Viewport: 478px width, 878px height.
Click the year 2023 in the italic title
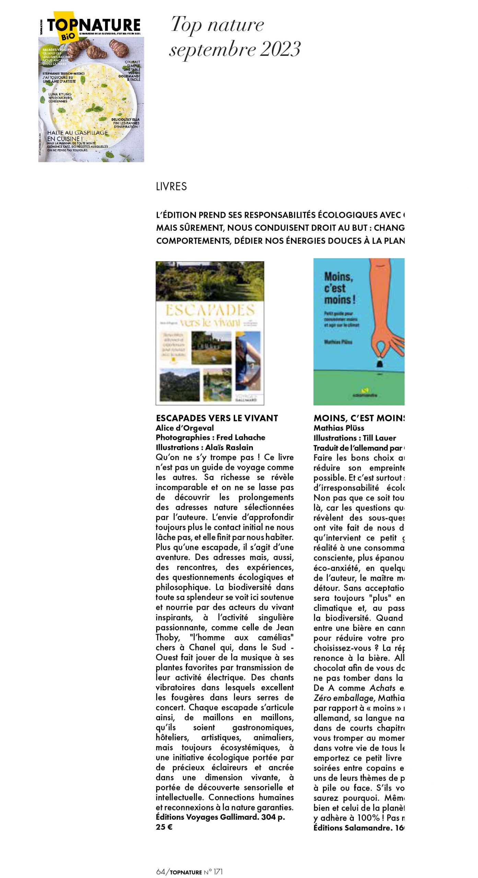point(280,49)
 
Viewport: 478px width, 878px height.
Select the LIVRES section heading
point(171,187)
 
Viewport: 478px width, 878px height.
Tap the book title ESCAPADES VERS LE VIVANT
point(217,418)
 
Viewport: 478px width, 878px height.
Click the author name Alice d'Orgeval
point(185,428)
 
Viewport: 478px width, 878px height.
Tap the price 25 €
point(164,827)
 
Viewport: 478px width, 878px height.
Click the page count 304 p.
point(273,817)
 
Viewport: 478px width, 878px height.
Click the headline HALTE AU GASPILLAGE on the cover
point(78,133)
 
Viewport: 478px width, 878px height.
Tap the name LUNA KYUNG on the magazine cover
point(60,94)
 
